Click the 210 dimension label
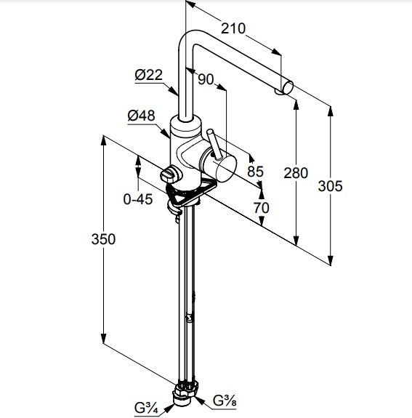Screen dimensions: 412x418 pyautogui.click(x=233, y=28)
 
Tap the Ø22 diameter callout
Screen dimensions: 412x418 pyautogui.click(x=148, y=75)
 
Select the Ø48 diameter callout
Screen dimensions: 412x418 pyautogui.click(x=141, y=116)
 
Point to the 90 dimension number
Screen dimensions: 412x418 pyautogui.click(x=206, y=79)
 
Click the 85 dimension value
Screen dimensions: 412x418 pyautogui.click(x=255, y=172)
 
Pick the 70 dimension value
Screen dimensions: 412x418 pyautogui.click(x=262, y=208)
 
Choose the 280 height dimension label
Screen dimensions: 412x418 pyautogui.click(x=296, y=173)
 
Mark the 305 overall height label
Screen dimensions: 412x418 pyautogui.click(x=330, y=186)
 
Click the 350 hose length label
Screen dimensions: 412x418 pyautogui.click(x=103, y=239)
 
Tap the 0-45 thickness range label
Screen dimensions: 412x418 pyautogui.click(x=138, y=199)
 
